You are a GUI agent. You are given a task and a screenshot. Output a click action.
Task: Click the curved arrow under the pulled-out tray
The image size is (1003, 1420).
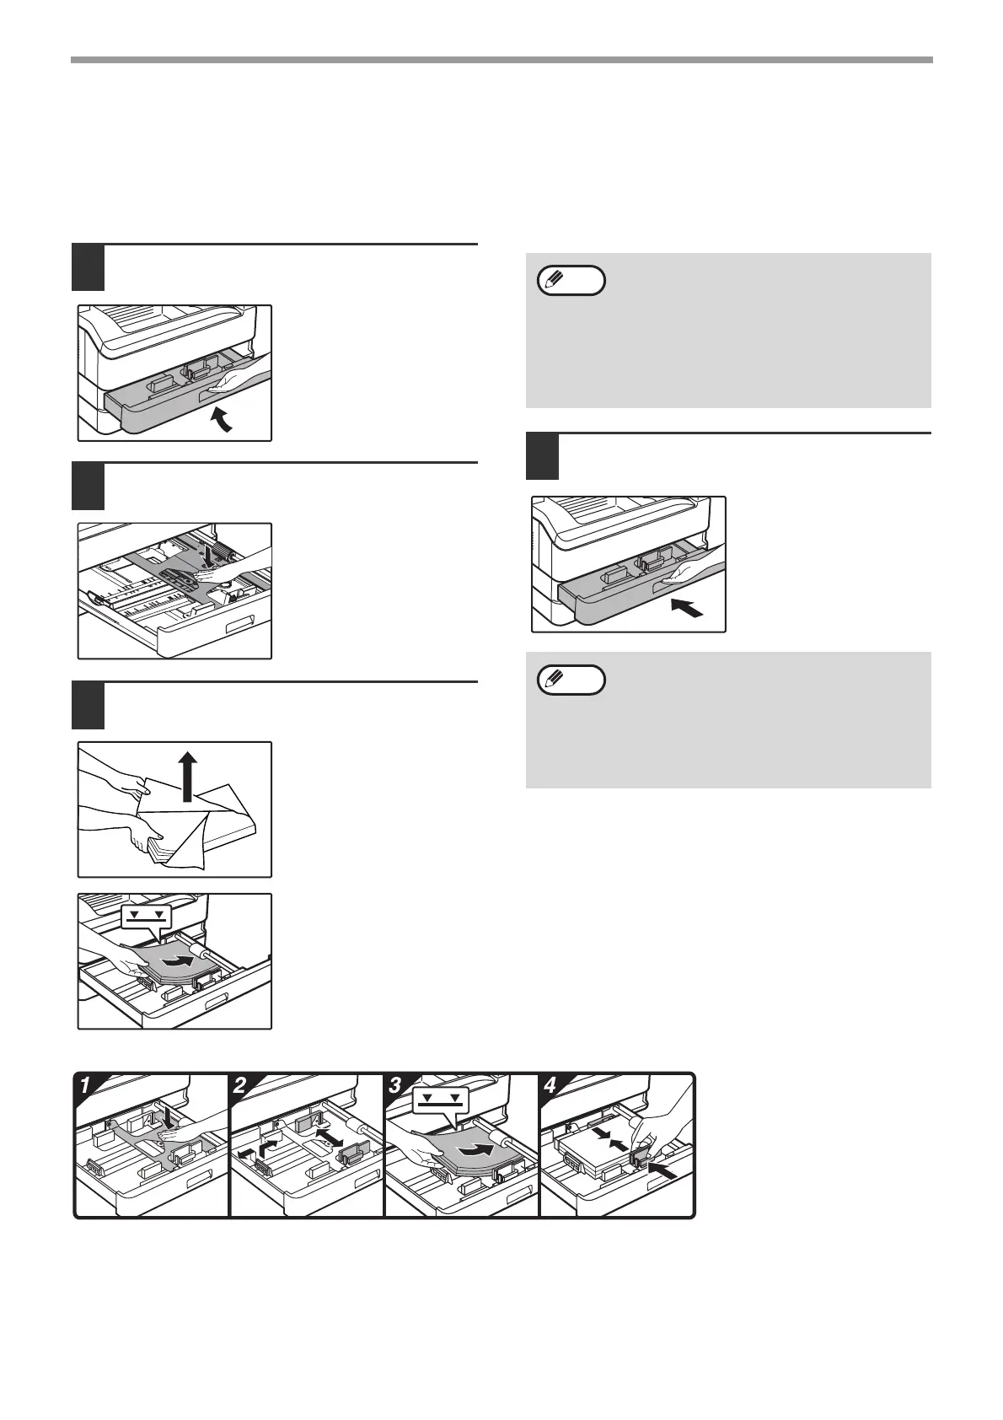coord(223,419)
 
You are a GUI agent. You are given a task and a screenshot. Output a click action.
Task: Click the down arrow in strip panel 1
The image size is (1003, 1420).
coord(169,1117)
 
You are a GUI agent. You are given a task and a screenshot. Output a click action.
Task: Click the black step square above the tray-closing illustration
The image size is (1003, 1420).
coord(543,456)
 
